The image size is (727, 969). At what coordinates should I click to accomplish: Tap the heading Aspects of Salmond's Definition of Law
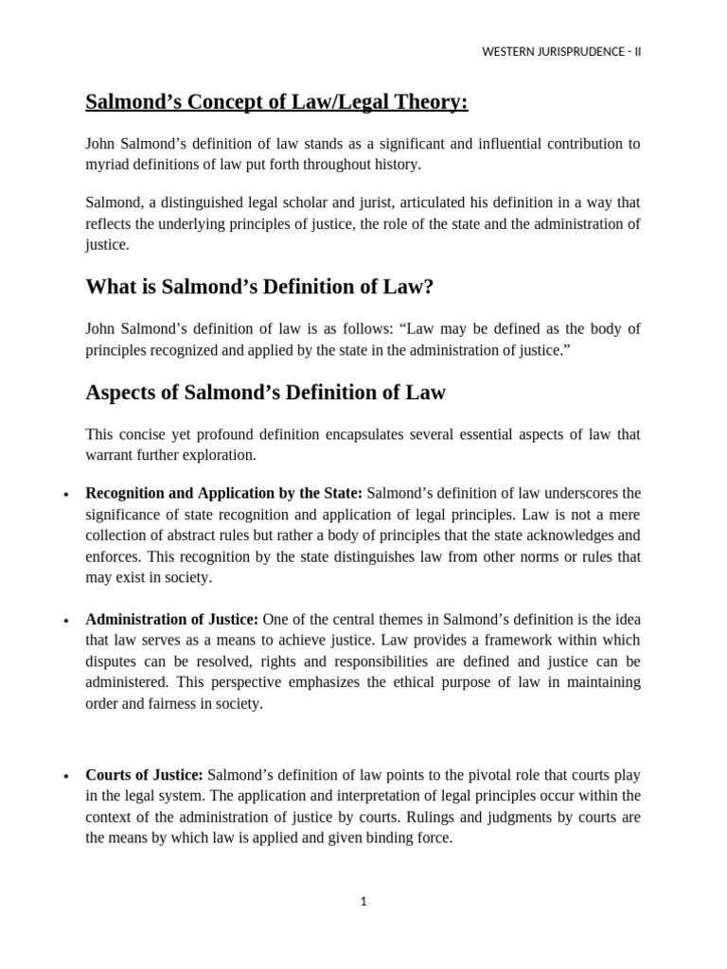click(265, 392)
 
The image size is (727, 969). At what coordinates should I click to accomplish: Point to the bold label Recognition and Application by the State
click(223, 493)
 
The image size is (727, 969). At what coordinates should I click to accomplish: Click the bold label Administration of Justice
click(171, 620)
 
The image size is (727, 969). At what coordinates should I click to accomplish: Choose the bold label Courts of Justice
click(144, 776)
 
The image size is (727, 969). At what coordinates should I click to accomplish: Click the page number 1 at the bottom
click(363, 902)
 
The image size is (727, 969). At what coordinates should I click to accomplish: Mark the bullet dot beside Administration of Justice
click(65, 622)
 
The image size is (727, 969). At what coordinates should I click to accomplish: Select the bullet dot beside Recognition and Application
click(65, 495)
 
